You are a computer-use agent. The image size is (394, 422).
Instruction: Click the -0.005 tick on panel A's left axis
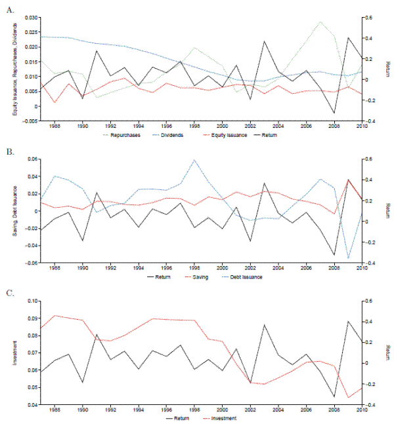30,121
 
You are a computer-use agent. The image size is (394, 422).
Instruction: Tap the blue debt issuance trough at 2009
348,259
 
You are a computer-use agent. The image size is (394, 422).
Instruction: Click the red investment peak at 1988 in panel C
55,315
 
